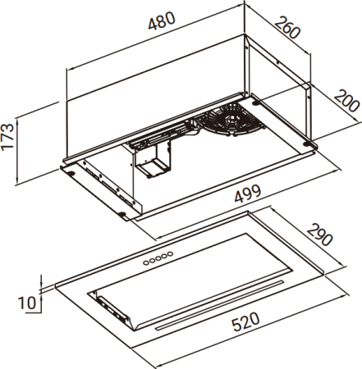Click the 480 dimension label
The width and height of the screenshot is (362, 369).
[x=162, y=20]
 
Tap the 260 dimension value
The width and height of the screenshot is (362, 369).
[x=287, y=28]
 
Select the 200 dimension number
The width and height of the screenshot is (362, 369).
[x=346, y=101]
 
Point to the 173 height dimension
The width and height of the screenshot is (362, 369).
[x=7, y=137]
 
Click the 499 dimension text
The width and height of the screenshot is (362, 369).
[x=248, y=194]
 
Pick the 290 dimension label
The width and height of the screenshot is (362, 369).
[x=319, y=235]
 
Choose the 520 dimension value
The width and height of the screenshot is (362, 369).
[x=245, y=321]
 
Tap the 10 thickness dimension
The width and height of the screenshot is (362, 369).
[x=27, y=303]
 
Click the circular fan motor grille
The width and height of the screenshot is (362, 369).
[x=231, y=120]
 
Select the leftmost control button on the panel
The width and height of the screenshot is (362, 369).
[x=146, y=262]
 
